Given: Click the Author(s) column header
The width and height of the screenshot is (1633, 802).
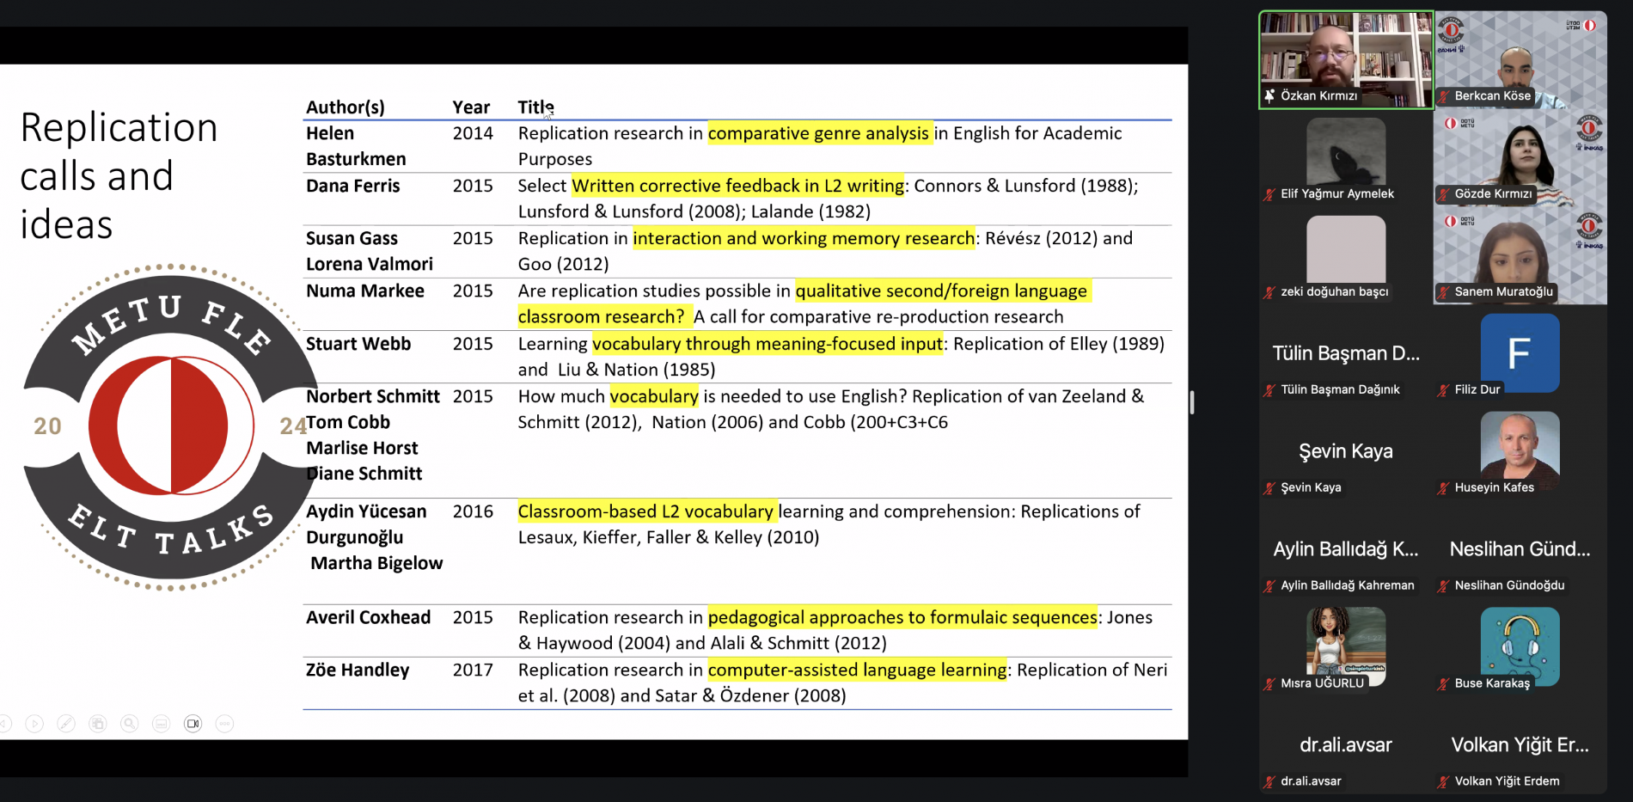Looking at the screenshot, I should (x=346, y=107).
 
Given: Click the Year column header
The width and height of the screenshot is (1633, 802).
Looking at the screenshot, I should (x=471, y=107).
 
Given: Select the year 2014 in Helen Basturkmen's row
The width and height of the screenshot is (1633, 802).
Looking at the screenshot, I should (x=473, y=133).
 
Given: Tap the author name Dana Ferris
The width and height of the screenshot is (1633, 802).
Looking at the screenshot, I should (x=353, y=186).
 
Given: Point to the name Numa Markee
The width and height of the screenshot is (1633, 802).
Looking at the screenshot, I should (x=365, y=291).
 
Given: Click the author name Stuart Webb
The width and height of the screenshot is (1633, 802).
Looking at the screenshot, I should (x=358, y=344).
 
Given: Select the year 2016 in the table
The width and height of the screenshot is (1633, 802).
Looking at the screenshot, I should (x=473, y=511).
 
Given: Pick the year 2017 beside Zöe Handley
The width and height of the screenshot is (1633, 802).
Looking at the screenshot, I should (x=473, y=670).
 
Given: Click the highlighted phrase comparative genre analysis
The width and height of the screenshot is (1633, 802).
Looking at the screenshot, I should (x=818, y=133).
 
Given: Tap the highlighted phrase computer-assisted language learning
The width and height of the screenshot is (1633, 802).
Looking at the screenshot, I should (x=857, y=670).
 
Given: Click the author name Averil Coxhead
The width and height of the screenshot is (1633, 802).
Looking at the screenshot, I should (x=368, y=617).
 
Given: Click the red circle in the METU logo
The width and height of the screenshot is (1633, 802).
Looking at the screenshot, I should (x=171, y=425).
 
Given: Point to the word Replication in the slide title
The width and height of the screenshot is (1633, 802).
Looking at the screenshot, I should (x=119, y=128).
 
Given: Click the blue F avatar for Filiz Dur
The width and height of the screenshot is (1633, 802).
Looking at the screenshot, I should (x=1519, y=352).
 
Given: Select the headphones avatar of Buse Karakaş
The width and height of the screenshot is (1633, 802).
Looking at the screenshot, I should (x=1519, y=646).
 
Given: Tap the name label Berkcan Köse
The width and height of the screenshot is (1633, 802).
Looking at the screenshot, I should (x=1492, y=96).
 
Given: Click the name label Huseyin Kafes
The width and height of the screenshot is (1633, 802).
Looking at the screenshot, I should (x=1494, y=487).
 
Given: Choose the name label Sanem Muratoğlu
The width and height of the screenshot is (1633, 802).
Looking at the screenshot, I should (x=1503, y=291).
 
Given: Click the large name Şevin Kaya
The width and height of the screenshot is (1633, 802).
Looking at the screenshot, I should (x=1345, y=451).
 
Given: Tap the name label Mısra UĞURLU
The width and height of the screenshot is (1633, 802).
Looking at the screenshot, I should (x=1322, y=683).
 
